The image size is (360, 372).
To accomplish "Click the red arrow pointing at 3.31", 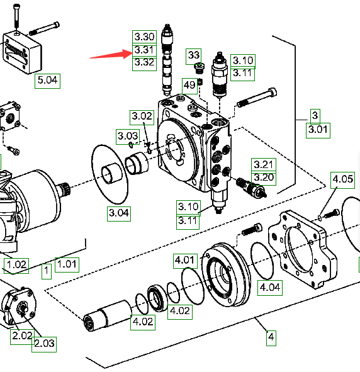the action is coord(111,54).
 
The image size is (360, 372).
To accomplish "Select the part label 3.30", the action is coord(144,37).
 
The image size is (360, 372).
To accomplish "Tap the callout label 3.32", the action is coord(144,63).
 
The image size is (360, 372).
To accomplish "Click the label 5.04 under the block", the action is coord(47,81).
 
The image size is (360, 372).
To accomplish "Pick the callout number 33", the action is coord(193,56).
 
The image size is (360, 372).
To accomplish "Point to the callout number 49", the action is coord(189,86).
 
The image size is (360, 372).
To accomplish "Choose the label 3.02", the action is coord(142,117).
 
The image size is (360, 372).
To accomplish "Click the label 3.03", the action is coord(128,137).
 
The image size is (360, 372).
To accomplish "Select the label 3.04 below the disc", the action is coord(119,213).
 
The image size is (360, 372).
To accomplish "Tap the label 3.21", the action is coord(264,164).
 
